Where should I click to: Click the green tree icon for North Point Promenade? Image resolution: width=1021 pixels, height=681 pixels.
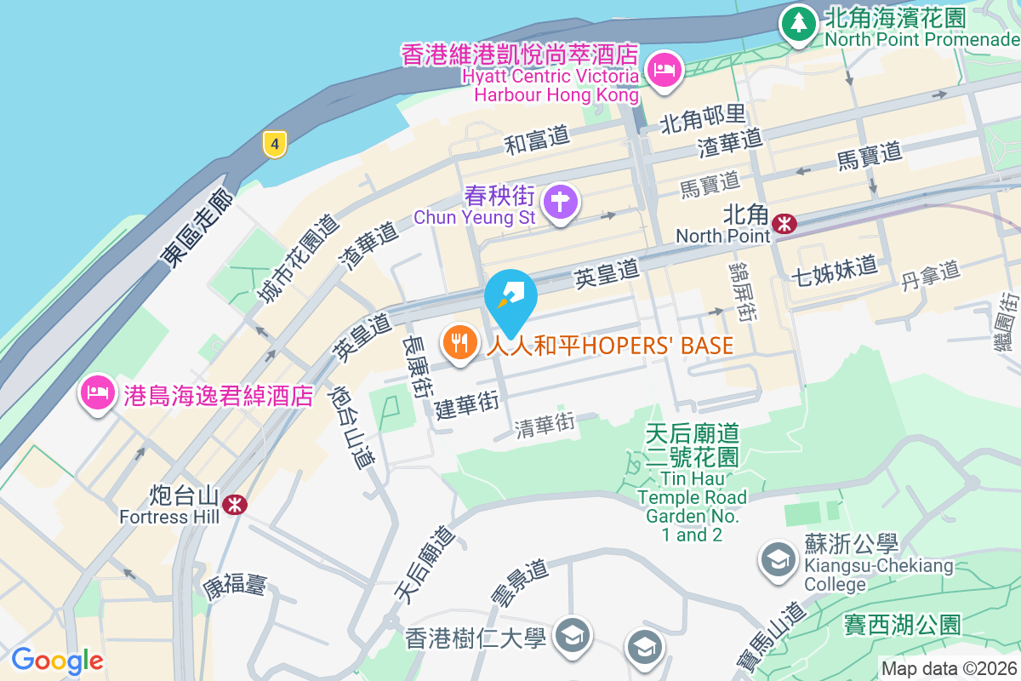798,23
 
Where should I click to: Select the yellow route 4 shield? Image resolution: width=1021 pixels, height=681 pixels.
273,144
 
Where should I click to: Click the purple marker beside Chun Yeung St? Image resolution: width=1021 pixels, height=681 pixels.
562,203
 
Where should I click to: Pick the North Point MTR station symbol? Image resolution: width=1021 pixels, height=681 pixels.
784,223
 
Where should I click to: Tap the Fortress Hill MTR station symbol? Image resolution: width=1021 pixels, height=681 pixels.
234,505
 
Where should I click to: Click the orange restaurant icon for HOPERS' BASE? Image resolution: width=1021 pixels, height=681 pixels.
459,342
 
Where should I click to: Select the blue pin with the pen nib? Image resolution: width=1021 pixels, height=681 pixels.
510,298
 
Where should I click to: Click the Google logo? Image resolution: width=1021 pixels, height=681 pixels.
57,660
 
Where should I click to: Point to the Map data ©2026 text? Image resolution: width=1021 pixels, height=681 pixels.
949,668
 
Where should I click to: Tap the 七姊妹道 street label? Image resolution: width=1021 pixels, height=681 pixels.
834,267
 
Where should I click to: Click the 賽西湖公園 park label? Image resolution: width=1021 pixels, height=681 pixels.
903,625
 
